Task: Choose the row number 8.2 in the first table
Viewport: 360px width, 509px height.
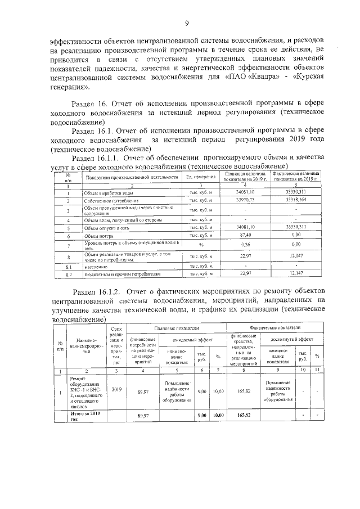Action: click(67, 274)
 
